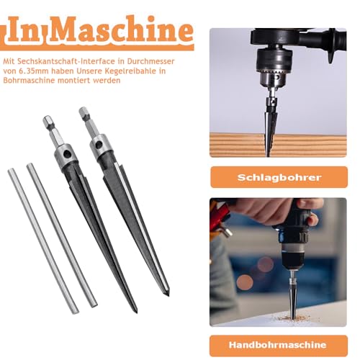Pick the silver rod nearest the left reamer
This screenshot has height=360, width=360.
[x=60, y=234]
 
